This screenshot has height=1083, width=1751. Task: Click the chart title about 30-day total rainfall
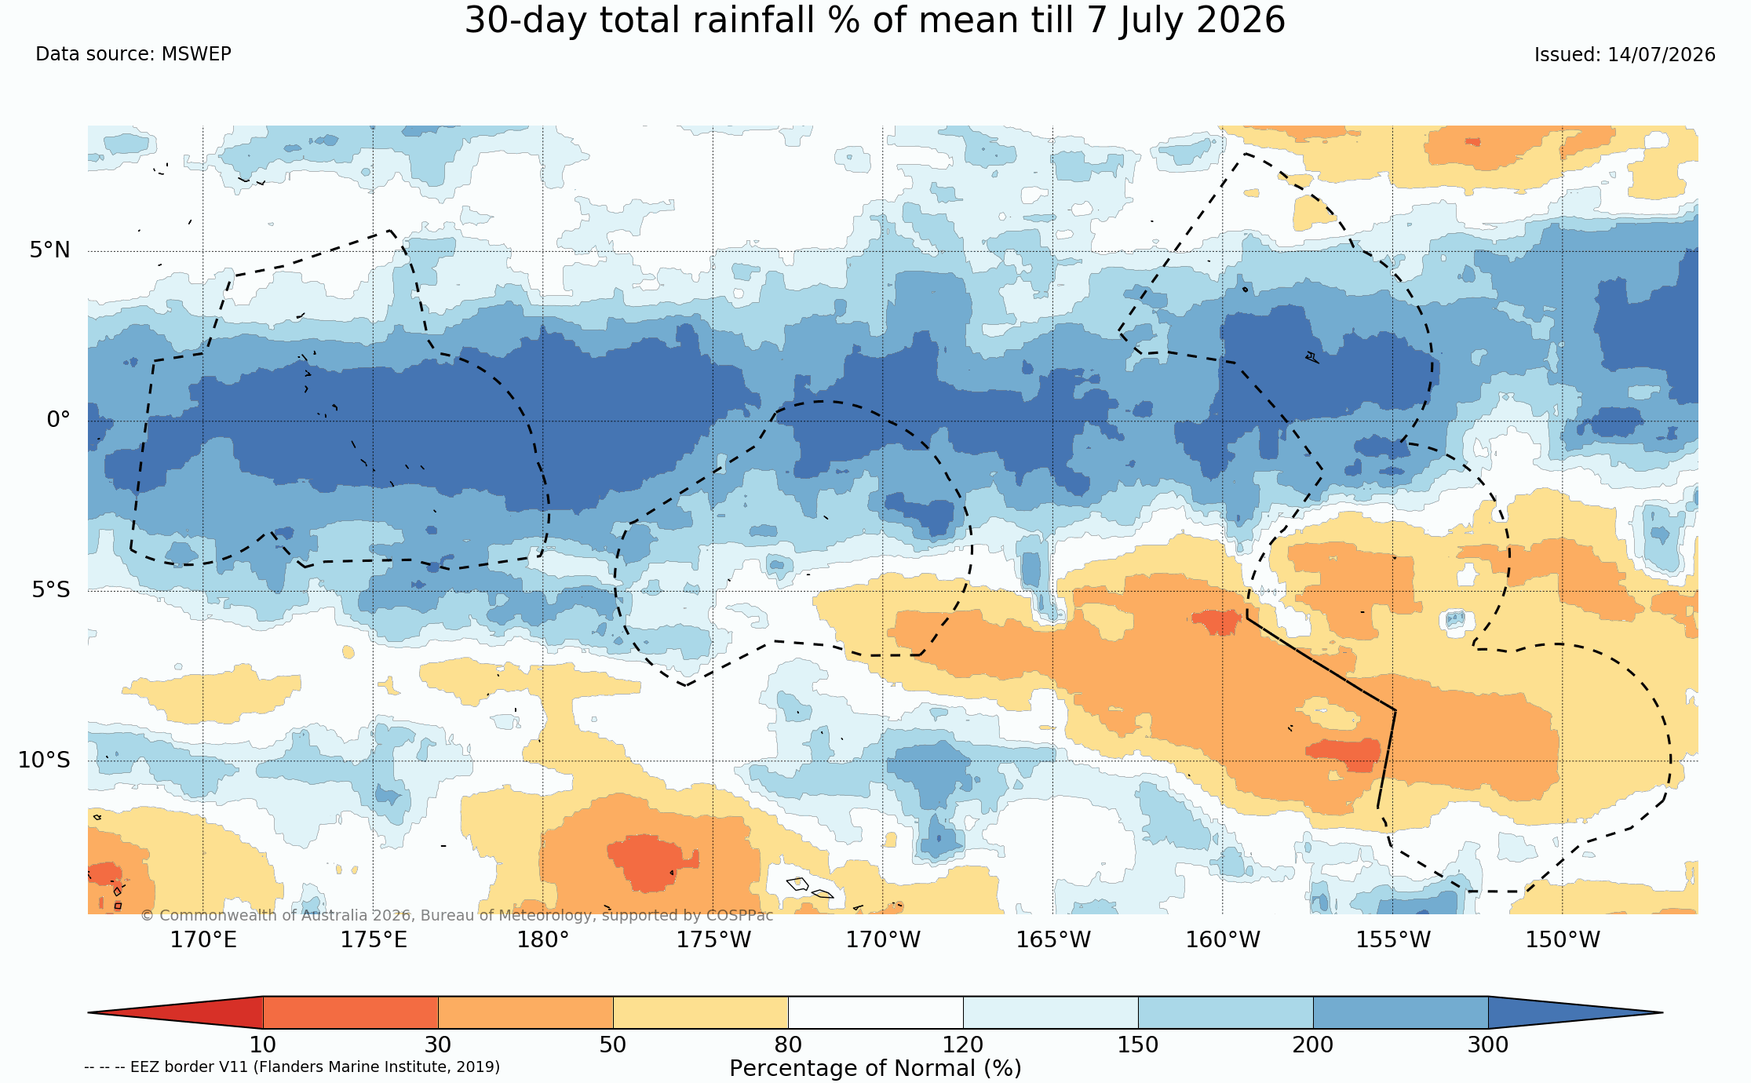pyautogui.click(x=875, y=20)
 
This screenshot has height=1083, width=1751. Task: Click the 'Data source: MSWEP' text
pyautogui.click(x=133, y=54)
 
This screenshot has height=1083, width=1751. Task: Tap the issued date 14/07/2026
pyautogui.click(x=1662, y=55)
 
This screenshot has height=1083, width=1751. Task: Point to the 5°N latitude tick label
pyautogui.click(x=50, y=250)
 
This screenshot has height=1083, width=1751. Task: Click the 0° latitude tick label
pyautogui.click(x=59, y=420)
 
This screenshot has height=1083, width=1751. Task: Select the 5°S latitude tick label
pyautogui.click(x=51, y=589)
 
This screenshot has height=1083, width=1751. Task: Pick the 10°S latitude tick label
pyautogui.click(x=45, y=760)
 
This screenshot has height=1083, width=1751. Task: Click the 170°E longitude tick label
pyautogui.click(x=203, y=939)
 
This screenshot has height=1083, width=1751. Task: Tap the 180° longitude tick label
pyautogui.click(x=543, y=939)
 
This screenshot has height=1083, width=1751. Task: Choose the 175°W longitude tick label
pyautogui.click(x=713, y=939)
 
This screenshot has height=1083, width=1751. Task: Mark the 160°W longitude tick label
pyautogui.click(x=1223, y=939)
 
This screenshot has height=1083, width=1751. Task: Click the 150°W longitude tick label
pyautogui.click(x=1563, y=939)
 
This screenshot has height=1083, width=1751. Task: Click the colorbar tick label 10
pyautogui.click(x=263, y=1045)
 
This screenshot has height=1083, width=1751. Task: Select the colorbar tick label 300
pyautogui.click(x=1488, y=1045)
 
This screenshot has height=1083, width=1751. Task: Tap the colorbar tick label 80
pyautogui.click(x=788, y=1045)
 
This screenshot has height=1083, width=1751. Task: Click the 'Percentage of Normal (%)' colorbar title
pyautogui.click(x=875, y=1069)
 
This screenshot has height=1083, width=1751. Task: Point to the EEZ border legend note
pyautogui.click(x=292, y=1067)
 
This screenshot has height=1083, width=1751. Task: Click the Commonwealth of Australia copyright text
pyautogui.click(x=457, y=916)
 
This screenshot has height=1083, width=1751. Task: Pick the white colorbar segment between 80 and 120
pyautogui.click(x=876, y=1012)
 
